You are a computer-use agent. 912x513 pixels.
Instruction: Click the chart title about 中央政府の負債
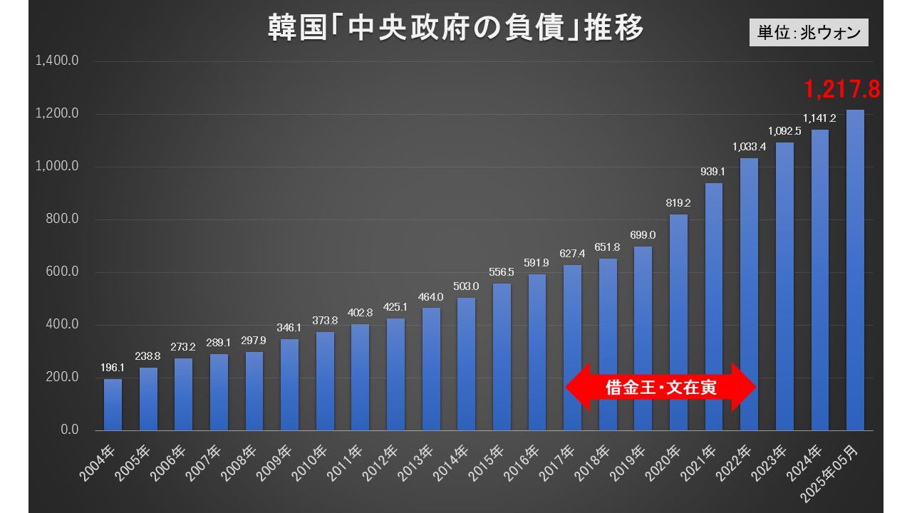coord(456,28)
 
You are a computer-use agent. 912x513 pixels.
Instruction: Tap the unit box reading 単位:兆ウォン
coord(809,33)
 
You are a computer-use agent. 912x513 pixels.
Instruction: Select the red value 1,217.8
coord(842,89)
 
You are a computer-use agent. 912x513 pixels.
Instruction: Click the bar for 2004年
coord(113,404)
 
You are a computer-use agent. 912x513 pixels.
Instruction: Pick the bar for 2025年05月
coord(855,271)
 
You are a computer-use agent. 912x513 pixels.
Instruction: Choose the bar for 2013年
coord(431,369)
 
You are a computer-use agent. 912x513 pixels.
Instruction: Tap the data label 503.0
coord(466,286)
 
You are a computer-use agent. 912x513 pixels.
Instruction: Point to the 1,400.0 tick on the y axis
coord(56,61)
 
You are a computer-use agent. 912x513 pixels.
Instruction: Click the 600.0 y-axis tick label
coord(62,272)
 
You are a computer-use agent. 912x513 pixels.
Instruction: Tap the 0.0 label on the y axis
coord(68,430)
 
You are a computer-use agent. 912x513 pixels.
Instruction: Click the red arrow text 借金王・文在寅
coord(660,388)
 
